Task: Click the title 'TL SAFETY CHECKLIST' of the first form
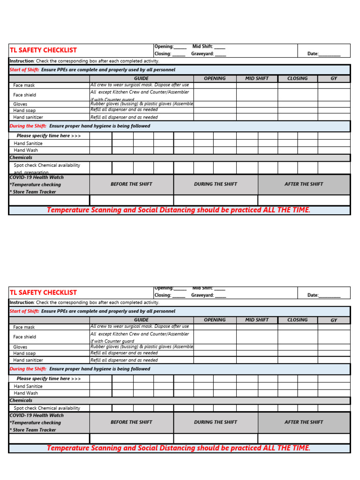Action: tap(43, 50)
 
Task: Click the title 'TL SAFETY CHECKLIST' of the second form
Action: tap(43, 292)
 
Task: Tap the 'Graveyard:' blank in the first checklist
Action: tap(220, 54)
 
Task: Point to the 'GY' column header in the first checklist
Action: tap(334, 79)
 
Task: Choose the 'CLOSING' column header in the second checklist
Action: tap(297, 320)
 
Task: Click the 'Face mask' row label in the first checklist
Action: tap(24, 86)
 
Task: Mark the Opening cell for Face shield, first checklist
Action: tap(215, 95)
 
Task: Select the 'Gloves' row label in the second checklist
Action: tap(20, 347)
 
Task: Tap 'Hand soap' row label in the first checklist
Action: tap(24, 111)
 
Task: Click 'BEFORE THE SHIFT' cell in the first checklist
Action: tap(131, 184)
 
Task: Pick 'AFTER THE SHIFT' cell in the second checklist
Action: tap(303, 422)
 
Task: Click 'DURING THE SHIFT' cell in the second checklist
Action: tap(216, 422)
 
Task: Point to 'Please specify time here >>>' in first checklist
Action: tap(49, 136)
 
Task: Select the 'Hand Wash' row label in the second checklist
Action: tap(26, 393)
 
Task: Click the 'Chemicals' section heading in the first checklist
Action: tap(21, 158)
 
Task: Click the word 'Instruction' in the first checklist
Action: tap(22, 61)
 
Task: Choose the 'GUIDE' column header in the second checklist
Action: tap(141, 320)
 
